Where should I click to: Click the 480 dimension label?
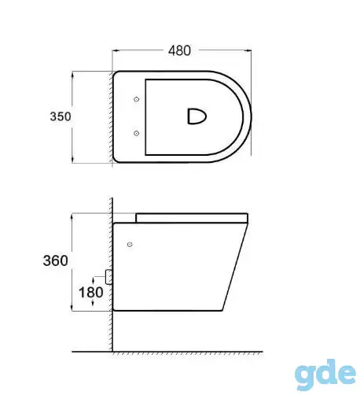coord(179,50)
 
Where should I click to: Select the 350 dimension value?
coord(61,116)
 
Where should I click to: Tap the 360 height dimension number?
coord(56,260)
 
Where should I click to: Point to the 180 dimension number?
coord(91,292)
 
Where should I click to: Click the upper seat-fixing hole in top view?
coord(136,99)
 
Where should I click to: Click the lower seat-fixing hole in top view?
coord(136,133)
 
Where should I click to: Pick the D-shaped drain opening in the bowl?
coord(197,116)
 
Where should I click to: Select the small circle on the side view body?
coord(130,245)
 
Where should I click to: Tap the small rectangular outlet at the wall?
coord(108,277)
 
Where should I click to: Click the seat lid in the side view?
coord(192,218)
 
